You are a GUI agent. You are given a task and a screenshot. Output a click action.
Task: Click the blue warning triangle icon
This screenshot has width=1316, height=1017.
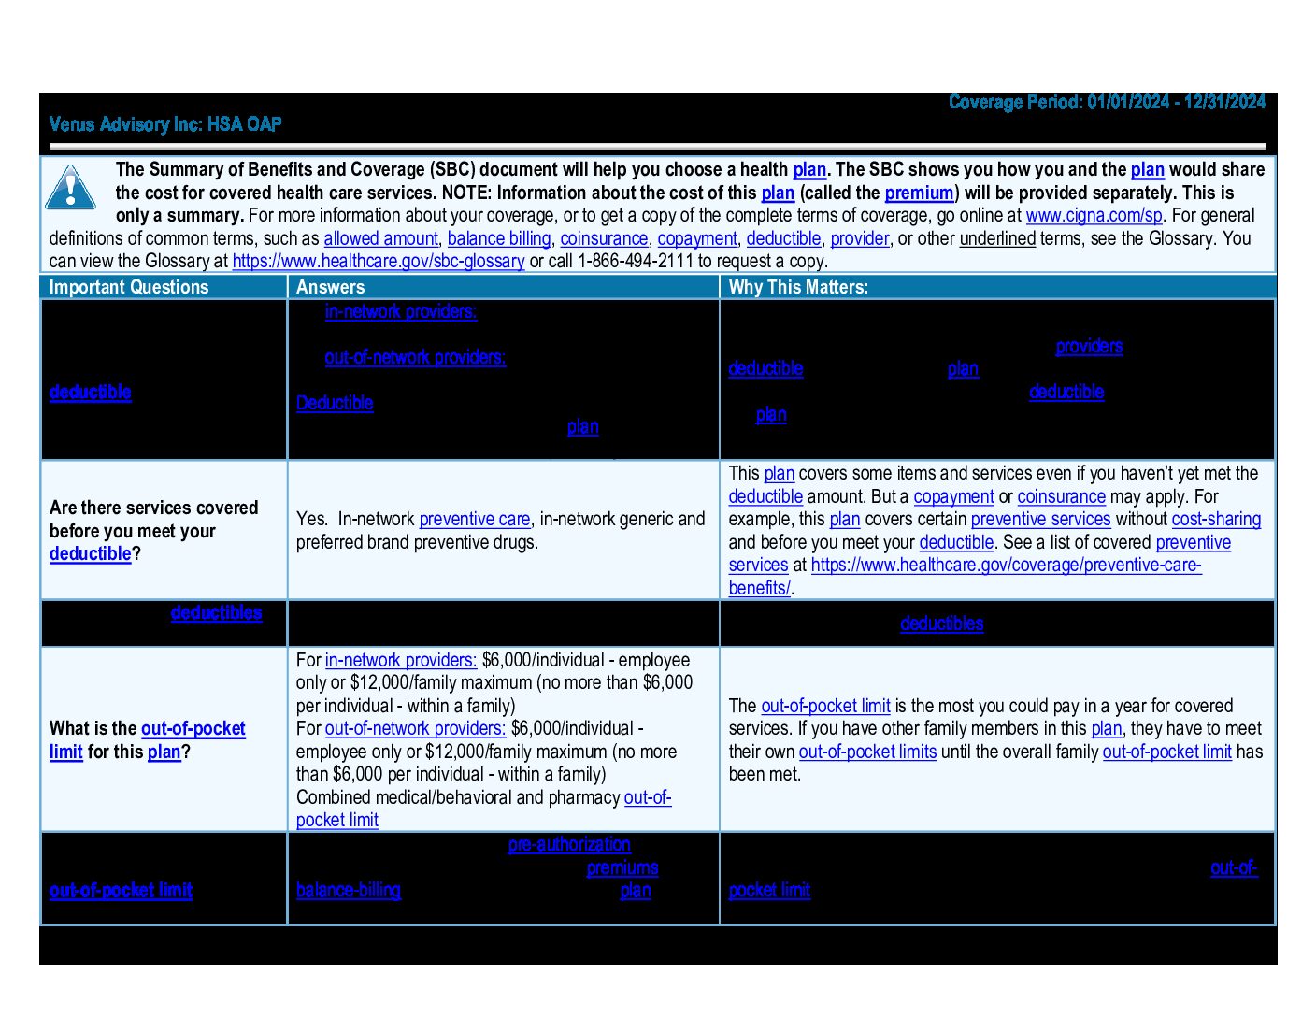(70, 187)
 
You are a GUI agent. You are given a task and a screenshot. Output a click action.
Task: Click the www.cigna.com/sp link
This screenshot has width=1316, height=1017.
(1094, 215)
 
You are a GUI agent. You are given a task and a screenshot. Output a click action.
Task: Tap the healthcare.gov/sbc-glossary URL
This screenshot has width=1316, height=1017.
(378, 261)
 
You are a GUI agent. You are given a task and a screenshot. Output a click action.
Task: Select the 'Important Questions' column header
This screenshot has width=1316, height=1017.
(129, 287)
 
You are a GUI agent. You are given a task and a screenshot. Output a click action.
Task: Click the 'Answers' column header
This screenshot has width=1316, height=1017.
(330, 287)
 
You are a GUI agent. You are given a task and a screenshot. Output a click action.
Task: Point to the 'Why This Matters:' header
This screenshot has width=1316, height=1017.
(798, 287)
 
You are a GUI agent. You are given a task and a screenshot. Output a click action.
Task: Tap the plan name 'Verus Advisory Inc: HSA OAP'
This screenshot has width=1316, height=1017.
(165, 124)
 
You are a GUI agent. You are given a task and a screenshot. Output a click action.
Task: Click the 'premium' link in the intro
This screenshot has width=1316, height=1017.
(919, 193)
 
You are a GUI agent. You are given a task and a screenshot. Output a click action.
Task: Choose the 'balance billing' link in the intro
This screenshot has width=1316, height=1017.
(498, 238)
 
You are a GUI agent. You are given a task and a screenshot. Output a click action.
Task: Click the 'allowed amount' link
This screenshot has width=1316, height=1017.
(380, 238)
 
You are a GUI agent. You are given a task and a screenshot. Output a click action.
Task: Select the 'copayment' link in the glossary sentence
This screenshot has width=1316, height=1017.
(697, 238)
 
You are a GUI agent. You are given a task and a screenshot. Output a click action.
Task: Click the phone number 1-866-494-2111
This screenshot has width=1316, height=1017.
(636, 261)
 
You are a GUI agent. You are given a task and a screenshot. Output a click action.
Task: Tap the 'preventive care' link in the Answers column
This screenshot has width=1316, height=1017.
(475, 519)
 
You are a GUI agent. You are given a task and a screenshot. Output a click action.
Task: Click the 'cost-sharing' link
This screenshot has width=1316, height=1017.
(1216, 519)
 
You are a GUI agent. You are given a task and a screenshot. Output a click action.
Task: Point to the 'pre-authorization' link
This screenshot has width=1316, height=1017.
(569, 844)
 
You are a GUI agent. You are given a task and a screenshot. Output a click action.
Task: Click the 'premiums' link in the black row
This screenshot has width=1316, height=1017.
(622, 867)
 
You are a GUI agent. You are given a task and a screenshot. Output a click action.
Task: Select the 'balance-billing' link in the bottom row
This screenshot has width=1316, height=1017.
(349, 890)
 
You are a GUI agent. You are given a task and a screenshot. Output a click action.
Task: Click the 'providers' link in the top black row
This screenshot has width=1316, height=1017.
(1089, 346)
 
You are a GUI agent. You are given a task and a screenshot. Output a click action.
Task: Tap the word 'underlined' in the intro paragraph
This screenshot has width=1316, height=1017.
(997, 238)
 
